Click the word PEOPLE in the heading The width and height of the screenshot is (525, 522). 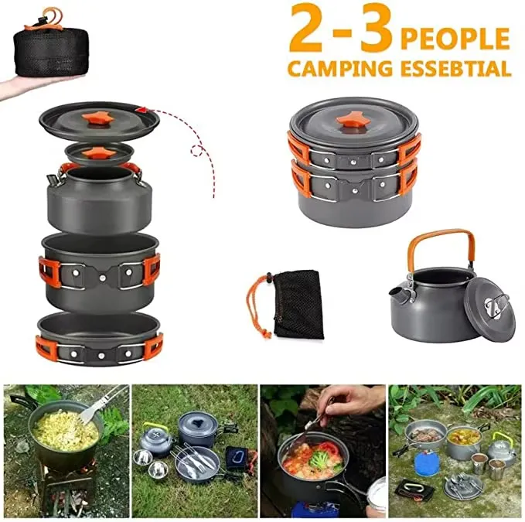[455, 39]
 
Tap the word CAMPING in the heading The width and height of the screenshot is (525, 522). [340, 69]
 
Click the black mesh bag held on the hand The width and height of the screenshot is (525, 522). [51, 52]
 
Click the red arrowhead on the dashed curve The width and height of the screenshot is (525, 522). [141, 110]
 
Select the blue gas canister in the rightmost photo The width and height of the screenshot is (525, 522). [426, 462]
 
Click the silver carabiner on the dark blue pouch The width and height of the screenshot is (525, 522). [237, 455]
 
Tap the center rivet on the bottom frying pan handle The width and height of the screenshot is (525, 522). [101, 356]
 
